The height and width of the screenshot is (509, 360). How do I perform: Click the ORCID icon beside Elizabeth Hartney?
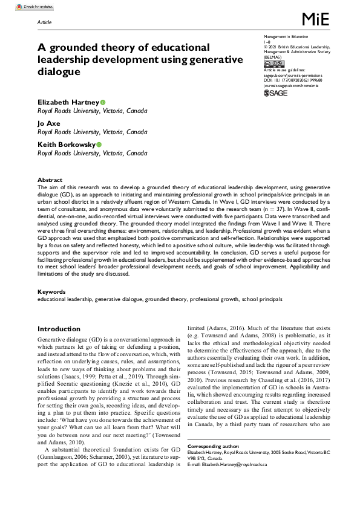pos(103,103)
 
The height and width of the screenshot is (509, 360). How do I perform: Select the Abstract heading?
pos(49,180)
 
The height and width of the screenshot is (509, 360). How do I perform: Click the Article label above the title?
pos(44,21)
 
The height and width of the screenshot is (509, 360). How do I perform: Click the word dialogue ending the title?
pos(59,71)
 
